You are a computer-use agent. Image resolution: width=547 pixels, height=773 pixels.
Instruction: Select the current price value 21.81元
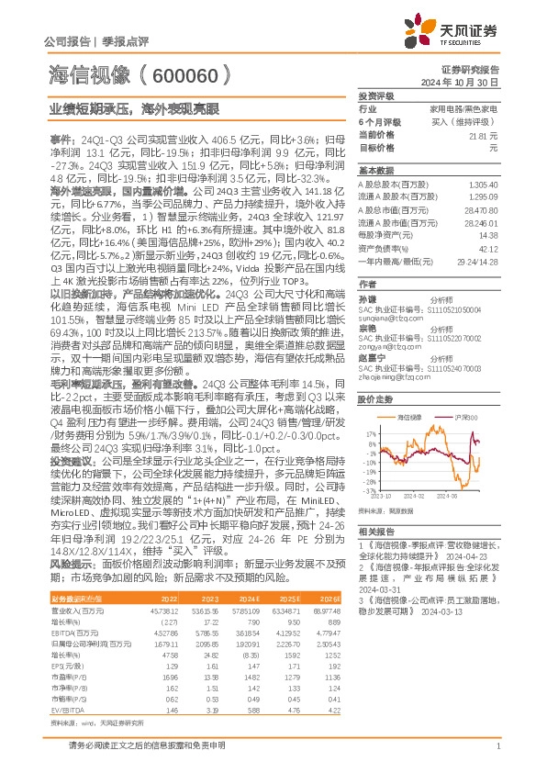[486, 134]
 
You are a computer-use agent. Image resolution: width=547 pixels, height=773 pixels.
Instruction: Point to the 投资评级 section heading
[375, 95]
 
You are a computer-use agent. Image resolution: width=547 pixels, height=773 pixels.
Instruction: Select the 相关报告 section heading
[375, 532]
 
